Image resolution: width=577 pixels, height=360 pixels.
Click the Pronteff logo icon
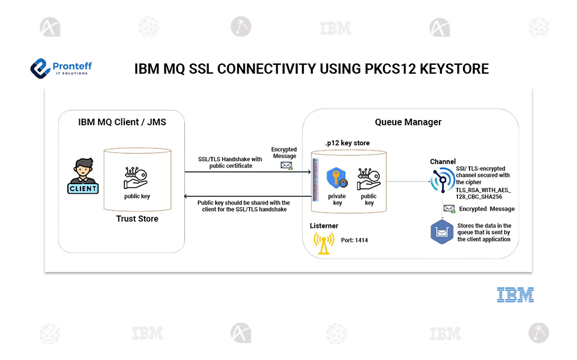[41, 67]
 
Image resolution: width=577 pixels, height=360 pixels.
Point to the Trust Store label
[137, 219]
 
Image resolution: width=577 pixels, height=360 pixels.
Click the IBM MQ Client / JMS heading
[122, 122]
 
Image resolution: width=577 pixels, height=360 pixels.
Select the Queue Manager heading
[408, 122]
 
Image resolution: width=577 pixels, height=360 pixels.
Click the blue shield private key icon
[337, 179]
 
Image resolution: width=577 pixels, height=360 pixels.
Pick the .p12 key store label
[347, 143]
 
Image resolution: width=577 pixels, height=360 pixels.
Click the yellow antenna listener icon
[324, 241]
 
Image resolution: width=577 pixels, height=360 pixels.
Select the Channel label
[443, 162]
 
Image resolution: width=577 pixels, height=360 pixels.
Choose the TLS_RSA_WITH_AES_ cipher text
[483, 190]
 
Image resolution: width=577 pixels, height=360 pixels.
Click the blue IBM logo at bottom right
[515, 295]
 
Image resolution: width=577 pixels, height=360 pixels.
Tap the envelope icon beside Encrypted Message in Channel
[449, 209]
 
